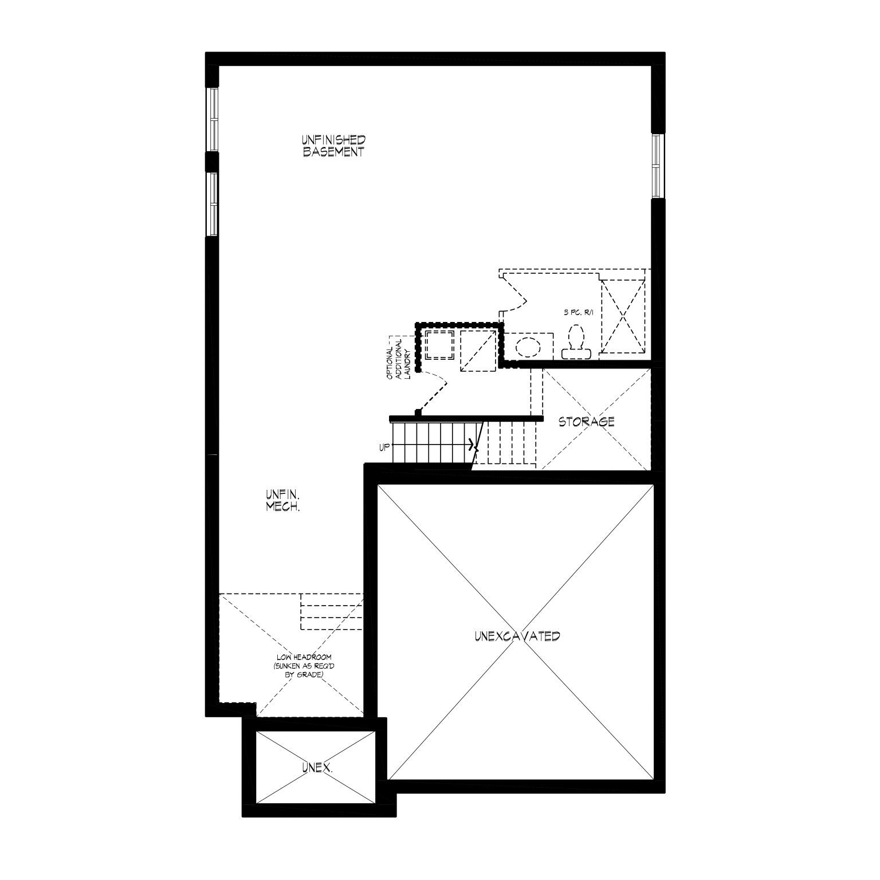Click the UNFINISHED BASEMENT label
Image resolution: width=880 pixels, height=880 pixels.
click(x=333, y=146)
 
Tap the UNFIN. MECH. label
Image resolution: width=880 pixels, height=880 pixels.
click(x=283, y=500)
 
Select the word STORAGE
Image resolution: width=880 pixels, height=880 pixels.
click(x=587, y=422)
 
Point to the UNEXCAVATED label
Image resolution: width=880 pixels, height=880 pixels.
click(x=517, y=636)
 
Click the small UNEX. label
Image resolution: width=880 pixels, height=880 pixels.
click(x=317, y=767)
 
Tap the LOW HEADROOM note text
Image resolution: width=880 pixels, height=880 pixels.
click(x=304, y=666)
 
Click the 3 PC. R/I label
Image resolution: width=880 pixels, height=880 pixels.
click(x=579, y=313)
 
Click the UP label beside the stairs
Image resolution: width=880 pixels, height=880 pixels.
click(x=383, y=446)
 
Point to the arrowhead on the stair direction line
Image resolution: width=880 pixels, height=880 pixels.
click(x=472, y=444)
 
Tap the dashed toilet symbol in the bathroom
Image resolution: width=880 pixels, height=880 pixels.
click(x=576, y=343)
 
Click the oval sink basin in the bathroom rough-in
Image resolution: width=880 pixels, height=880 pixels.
click(x=528, y=347)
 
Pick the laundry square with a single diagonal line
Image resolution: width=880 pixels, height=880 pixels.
click(x=478, y=351)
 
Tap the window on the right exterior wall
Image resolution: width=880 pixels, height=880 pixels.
click(x=658, y=166)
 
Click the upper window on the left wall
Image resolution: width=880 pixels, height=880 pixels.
click(x=213, y=119)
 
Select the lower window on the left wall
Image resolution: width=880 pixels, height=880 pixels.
click(x=213, y=204)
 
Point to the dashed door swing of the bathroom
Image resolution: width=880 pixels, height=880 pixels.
click(x=514, y=292)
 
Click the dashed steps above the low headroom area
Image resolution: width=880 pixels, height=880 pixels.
click(x=332, y=612)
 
